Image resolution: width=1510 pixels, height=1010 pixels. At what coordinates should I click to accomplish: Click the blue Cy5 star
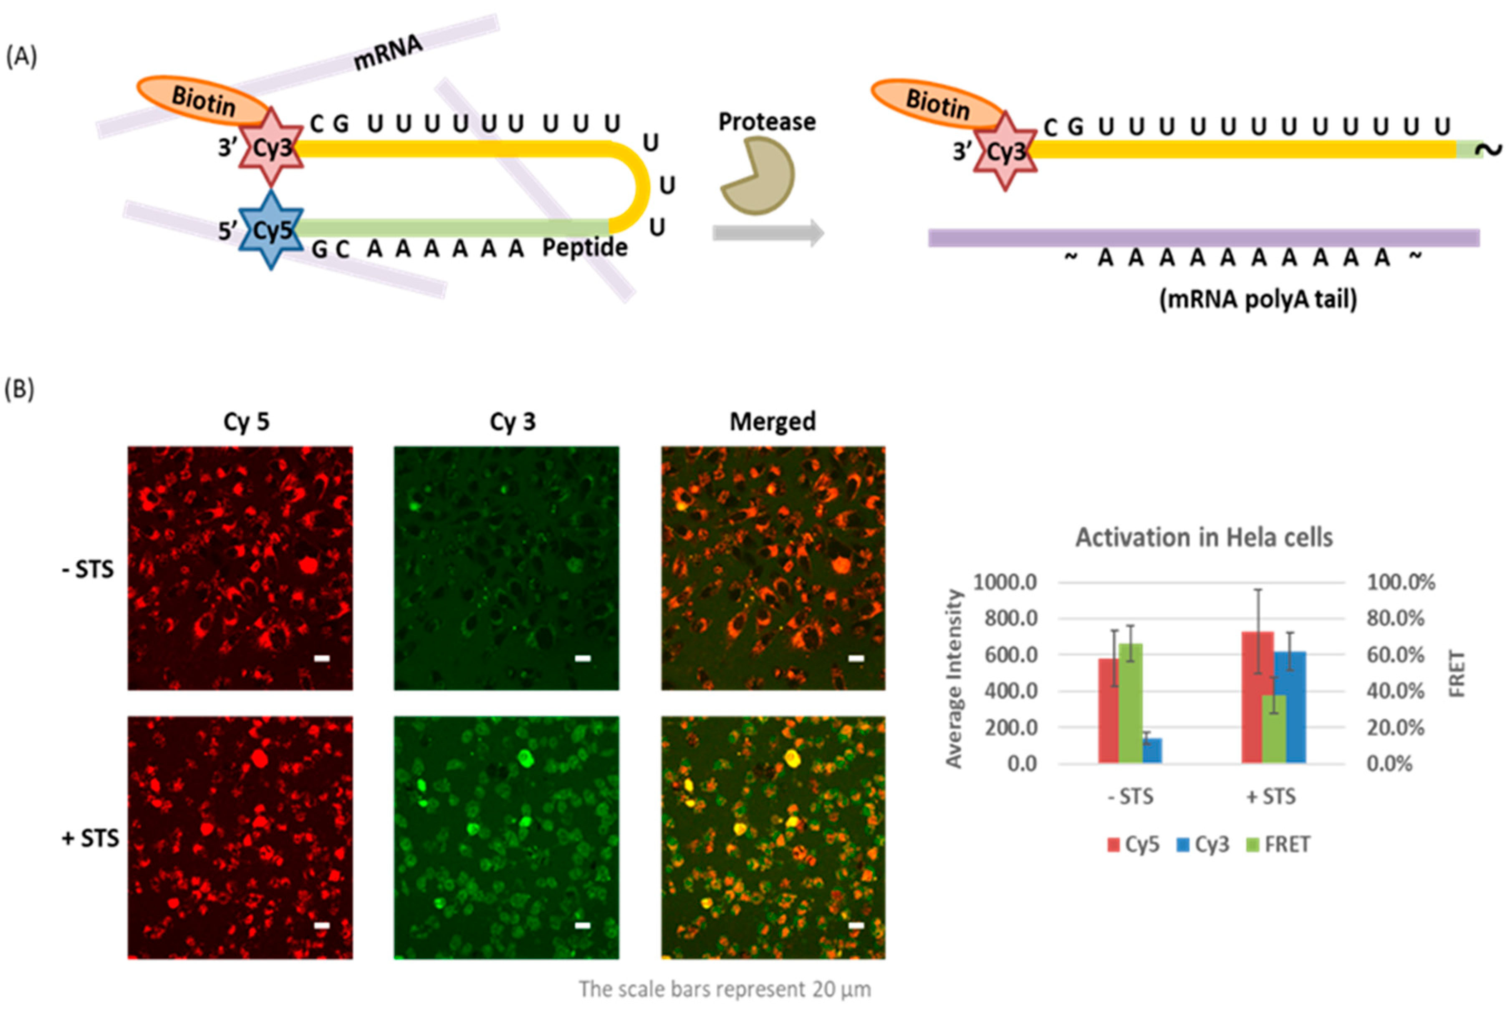pyautogui.click(x=271, y=229)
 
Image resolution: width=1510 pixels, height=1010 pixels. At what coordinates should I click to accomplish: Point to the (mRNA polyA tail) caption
pyautogui.click(x=1258, y=299)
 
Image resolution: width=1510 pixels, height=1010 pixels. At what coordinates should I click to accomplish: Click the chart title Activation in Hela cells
pyautogui.click(x=1203, y=537)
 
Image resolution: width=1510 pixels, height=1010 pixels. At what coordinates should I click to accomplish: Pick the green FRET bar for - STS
pyautogui.click(x=1130, y=703)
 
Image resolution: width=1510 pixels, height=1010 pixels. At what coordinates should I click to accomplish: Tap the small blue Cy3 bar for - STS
pyautogui.click(x=1152, y=751)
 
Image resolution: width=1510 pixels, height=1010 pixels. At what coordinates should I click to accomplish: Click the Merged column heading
pyautogui.click(x=772, y=422)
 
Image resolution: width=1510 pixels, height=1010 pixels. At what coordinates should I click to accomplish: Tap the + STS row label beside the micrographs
pyautogui.click(x=90, y=838)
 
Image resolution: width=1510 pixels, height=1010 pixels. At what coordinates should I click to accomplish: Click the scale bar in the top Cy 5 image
pyautogui.click(x=322, y=658)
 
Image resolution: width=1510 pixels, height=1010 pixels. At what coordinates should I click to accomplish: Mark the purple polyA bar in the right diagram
pyautogui.click(x=1203, y=238)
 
